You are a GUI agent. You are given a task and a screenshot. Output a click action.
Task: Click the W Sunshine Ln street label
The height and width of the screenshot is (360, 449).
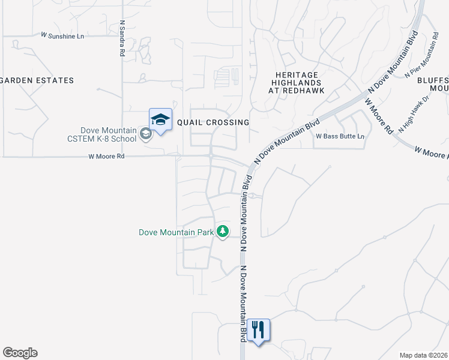coord(62,36)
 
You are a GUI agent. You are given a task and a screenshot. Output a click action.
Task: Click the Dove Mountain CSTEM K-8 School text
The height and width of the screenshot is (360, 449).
coord(109,134)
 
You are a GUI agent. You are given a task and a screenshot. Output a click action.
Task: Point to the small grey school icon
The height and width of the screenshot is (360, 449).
coord(146,134)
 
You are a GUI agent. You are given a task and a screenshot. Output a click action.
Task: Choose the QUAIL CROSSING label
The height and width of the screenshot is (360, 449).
coord(213,122)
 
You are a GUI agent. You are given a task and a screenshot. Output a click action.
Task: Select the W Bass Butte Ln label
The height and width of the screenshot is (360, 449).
coord(340,137)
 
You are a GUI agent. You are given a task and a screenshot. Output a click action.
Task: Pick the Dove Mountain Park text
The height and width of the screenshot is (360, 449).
coord(176,232)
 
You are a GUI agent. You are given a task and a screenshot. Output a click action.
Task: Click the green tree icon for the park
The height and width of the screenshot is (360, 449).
coord(223,231)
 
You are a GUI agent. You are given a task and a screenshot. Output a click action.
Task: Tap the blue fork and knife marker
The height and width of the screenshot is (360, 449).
coord(259,330)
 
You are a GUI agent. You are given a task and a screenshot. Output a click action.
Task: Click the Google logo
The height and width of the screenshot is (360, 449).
coord(20,353)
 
